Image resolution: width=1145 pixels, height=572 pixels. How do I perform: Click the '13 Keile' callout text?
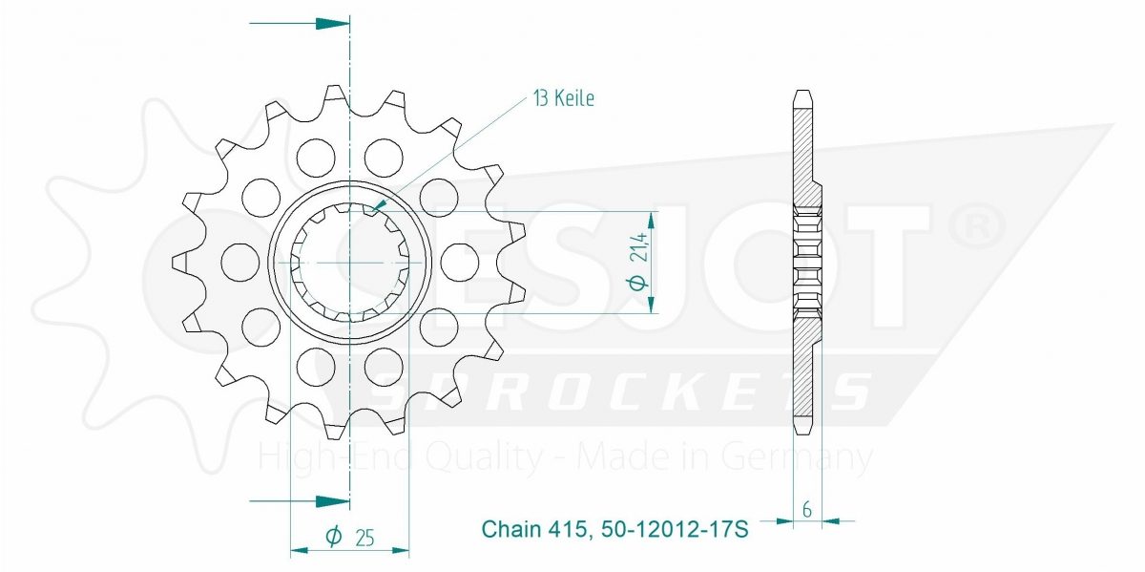pyautogui.click(x=564, y=98)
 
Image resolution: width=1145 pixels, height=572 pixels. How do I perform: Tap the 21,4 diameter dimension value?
pyautogui.click(x=639, y=246)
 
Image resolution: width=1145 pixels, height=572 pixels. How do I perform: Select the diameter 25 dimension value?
pyautogui.click(x=364, y=538)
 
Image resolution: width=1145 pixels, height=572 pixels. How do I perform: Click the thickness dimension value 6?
pyautogui.click(x=807, y=510)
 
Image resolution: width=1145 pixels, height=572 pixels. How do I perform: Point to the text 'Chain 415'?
pyautogui.click(x=533, y=529)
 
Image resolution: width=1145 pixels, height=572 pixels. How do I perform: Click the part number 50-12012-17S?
pyautogui.click(x=675, y=529)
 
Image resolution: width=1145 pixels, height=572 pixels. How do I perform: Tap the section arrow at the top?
pyautogui.click(x=300, y=24)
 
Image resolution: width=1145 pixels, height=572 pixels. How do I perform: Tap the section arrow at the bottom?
pyautogui.click(x=300, y=501)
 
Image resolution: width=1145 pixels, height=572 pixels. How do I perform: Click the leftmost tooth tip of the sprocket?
pyautogui.click(x=173, y=263)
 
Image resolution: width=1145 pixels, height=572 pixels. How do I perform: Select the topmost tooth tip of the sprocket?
pyautogui.click(x=334, y=86)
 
